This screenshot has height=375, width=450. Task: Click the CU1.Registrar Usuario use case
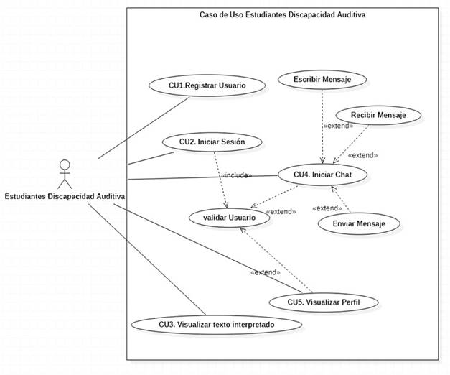207,85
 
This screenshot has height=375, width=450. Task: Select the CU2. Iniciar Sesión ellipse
212,142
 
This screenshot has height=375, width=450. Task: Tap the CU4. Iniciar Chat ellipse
322,174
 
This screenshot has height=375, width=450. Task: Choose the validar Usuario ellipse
229,217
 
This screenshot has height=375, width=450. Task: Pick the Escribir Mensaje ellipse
322,79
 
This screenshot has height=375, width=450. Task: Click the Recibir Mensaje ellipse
378,115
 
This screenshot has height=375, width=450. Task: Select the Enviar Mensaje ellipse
359,224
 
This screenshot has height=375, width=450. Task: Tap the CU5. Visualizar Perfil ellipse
323,302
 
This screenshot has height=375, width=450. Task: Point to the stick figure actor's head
65,165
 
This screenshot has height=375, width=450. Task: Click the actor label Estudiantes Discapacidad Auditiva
65,196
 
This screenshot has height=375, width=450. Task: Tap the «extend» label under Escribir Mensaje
338,126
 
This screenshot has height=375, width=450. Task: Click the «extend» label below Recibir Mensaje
363,154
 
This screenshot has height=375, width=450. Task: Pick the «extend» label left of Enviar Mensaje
327,208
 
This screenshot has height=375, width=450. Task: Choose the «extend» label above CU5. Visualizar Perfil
266,273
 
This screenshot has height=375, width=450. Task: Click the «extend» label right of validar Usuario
280,212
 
